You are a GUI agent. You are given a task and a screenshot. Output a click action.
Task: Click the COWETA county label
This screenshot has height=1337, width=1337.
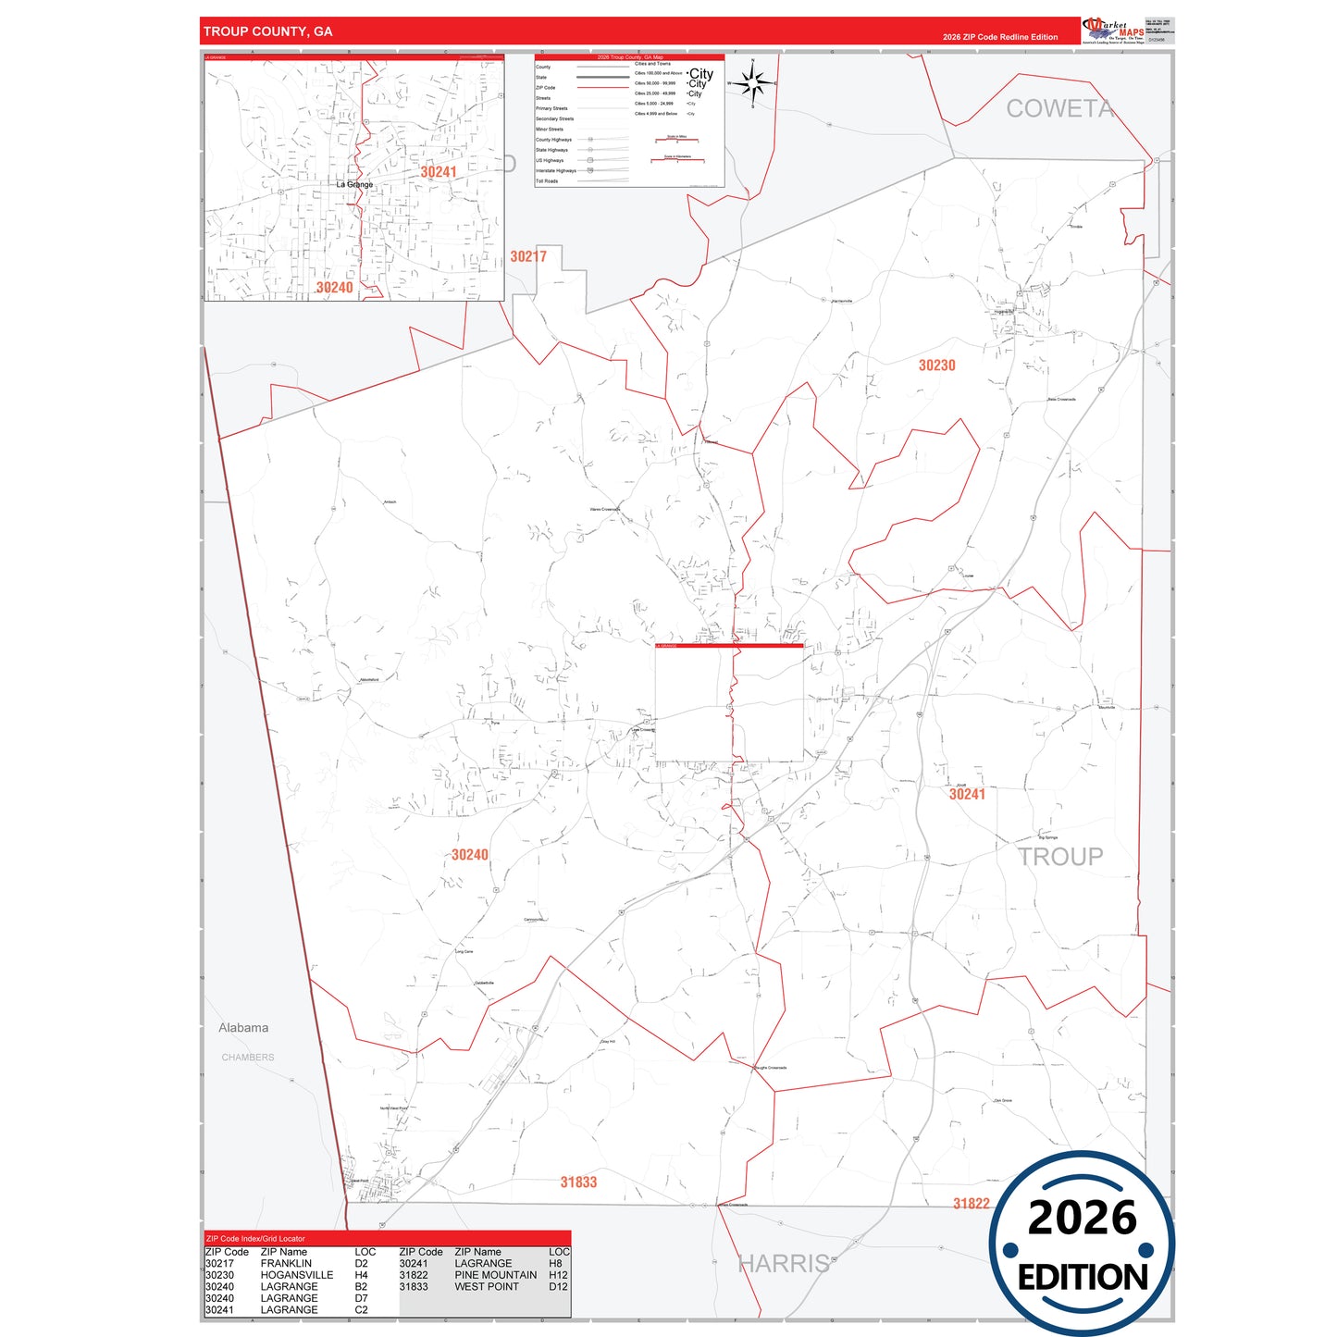coord(1059,109)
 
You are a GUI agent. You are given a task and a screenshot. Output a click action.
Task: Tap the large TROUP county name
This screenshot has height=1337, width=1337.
coord(1060,857)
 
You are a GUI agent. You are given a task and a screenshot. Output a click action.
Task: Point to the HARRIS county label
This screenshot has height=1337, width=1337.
coord(784,1264)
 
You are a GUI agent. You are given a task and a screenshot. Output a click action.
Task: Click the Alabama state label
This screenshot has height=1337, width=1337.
coord(243,1028)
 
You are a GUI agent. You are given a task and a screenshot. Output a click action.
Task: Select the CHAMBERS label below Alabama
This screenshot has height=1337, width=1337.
coord(248,1058)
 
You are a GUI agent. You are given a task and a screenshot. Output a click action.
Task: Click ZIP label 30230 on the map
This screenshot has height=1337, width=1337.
coord(936,365)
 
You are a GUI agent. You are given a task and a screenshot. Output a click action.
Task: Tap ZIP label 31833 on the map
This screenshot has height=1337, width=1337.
coord(578,1182)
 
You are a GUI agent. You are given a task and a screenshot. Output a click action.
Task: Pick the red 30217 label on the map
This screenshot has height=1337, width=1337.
coord(528,257)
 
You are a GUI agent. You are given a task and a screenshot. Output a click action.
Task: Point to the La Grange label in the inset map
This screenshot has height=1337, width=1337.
coord(354,185)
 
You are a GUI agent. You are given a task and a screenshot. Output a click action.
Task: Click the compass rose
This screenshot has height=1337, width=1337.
coord(753,84)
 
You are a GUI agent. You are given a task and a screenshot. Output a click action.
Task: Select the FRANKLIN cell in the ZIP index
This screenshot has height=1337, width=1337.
coord(286,1264)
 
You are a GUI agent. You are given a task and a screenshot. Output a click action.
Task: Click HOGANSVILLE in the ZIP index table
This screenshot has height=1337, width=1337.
coord(296,1275)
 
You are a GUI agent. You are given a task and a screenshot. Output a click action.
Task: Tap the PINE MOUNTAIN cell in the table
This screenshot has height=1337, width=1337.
coord(495,1275)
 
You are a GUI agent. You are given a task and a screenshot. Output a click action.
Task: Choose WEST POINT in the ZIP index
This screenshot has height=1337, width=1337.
coord(487,1287)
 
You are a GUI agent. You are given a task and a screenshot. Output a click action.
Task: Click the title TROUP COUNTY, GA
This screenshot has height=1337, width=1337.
coord(267,31)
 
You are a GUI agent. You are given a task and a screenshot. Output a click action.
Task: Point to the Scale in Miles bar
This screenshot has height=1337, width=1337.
coord(676,140)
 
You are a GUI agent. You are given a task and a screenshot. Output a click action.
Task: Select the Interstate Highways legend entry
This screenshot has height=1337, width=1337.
coord(556,171)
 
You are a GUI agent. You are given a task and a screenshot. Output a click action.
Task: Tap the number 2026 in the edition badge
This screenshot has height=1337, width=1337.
coord(1082,1218)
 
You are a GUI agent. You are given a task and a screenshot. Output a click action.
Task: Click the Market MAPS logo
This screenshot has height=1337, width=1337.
coord(1113,31)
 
